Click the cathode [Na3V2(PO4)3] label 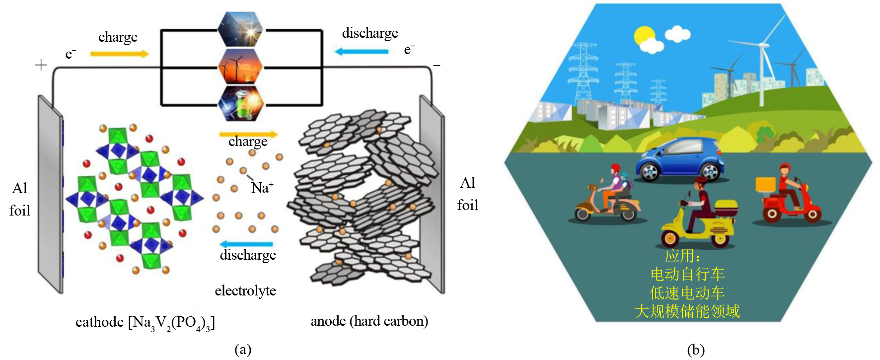[x=145, y=323]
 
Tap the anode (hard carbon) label [x=369, y=321]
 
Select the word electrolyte [x=245, y=290]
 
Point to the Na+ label [x=262, y=188]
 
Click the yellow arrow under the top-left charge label [x=119, y=54]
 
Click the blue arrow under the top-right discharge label [x=362, y=51]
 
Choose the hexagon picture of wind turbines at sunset [x=240, y=66]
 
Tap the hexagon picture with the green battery [x=240, y=103]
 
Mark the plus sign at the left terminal [x=41, y=65]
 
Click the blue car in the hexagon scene [x=679, y=159]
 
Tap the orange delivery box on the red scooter [x=765, y=184]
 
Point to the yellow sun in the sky [x=645, y=36]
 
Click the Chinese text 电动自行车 [x=687, y=274]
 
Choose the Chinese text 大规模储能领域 [x=687, y=311]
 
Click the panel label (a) [x=243, y=350]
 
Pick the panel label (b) [x=696, y=350]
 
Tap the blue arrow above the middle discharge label [x=246, y=244]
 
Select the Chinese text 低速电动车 [x=687, y=293]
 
